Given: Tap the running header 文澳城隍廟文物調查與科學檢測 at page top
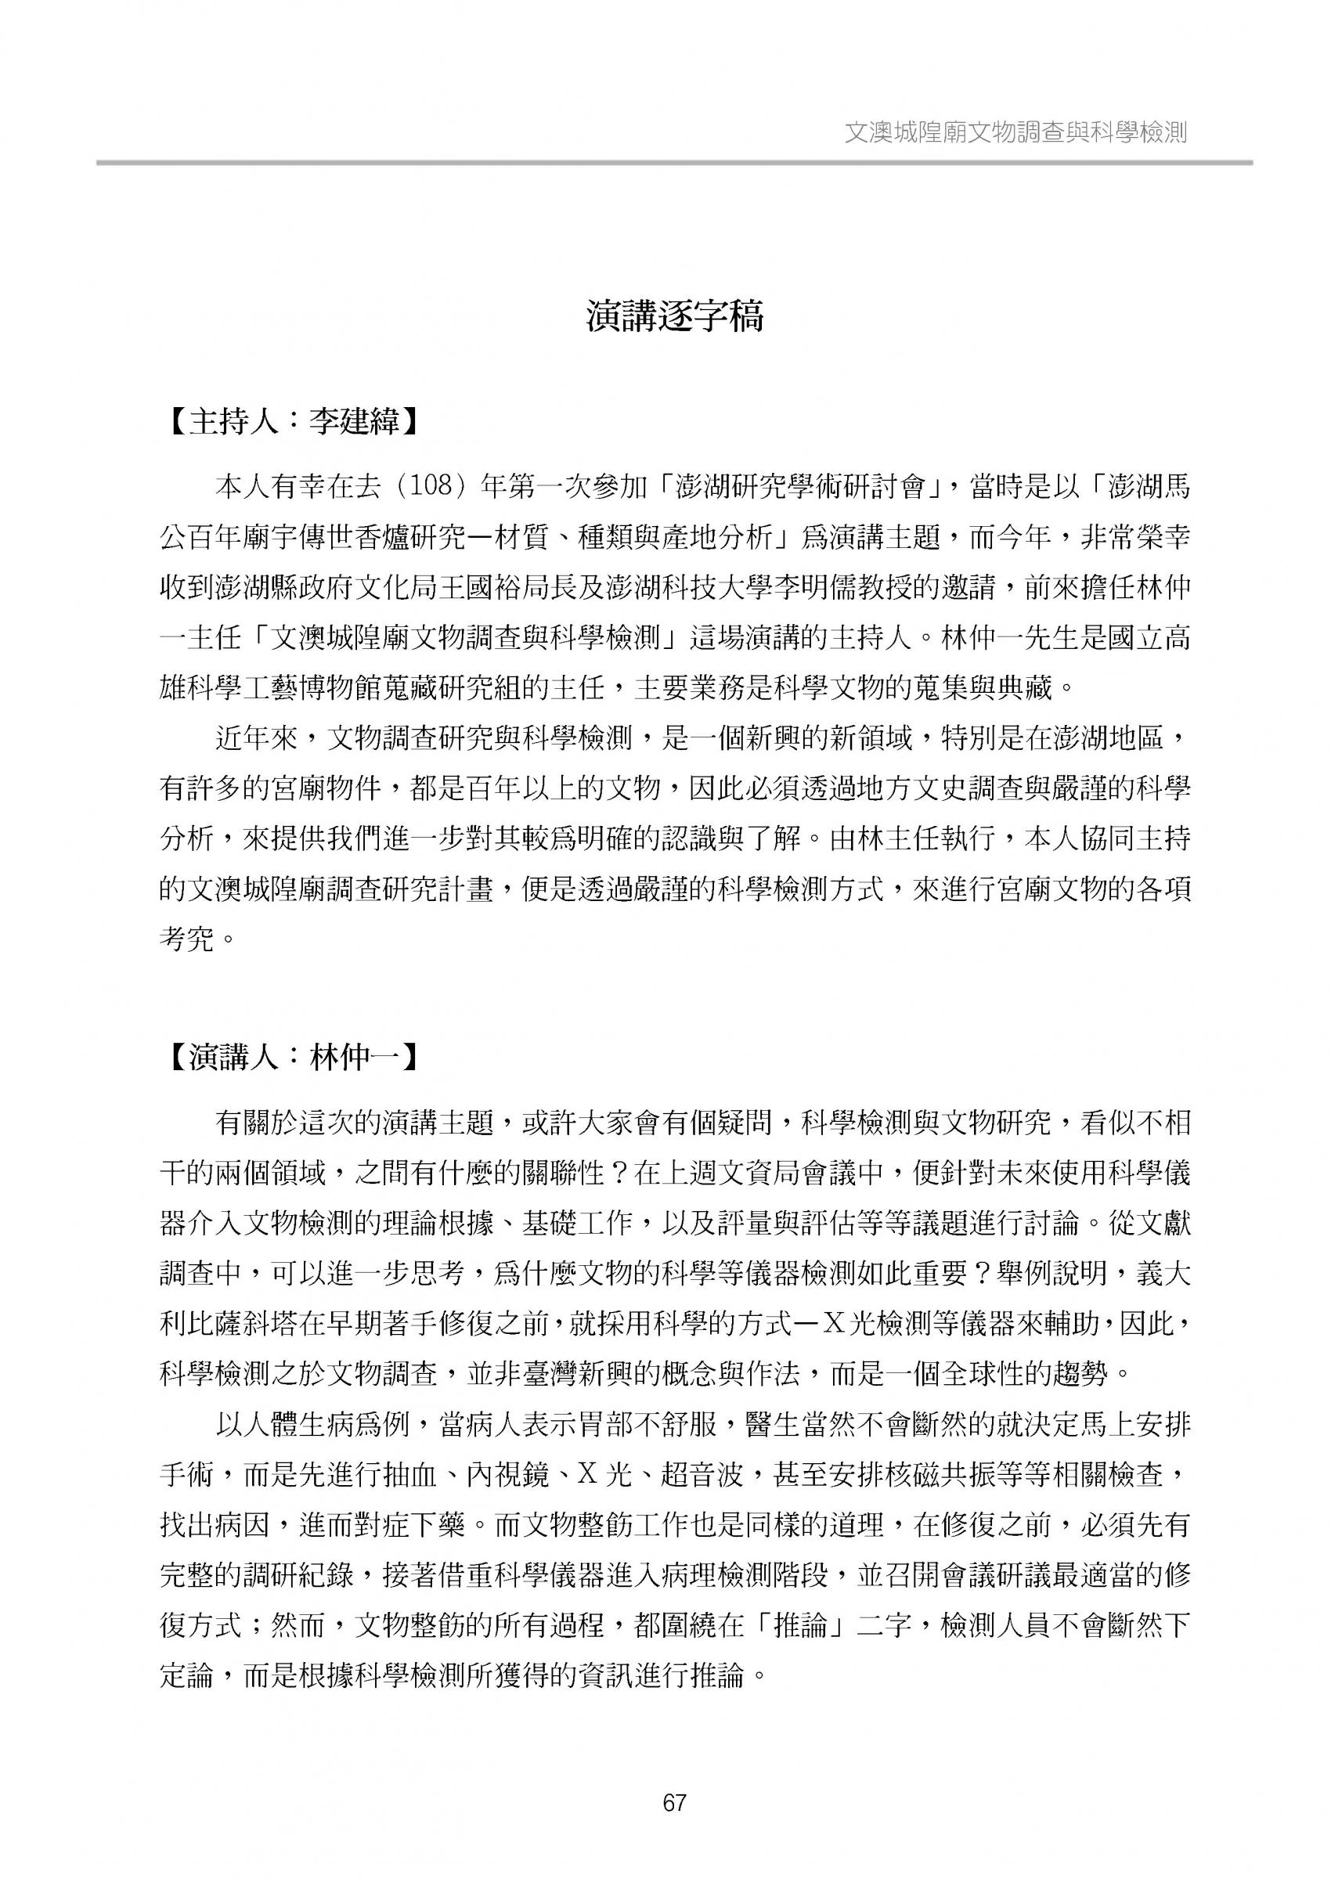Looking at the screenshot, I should tap(1015, 133).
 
